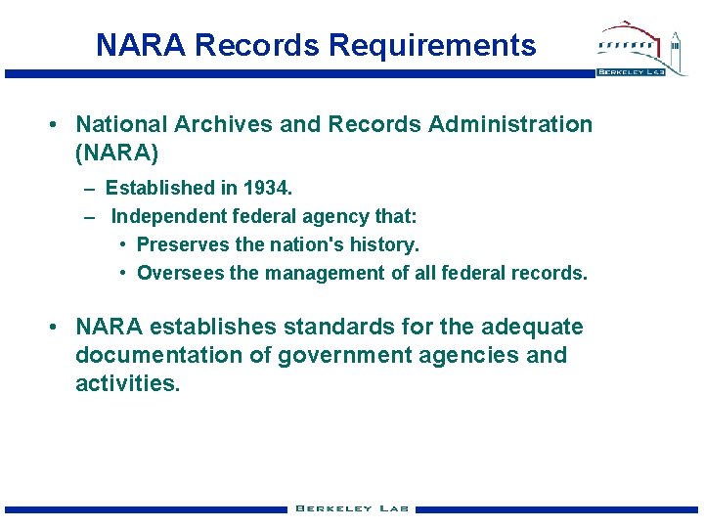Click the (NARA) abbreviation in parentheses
click(x=116, y=153)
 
